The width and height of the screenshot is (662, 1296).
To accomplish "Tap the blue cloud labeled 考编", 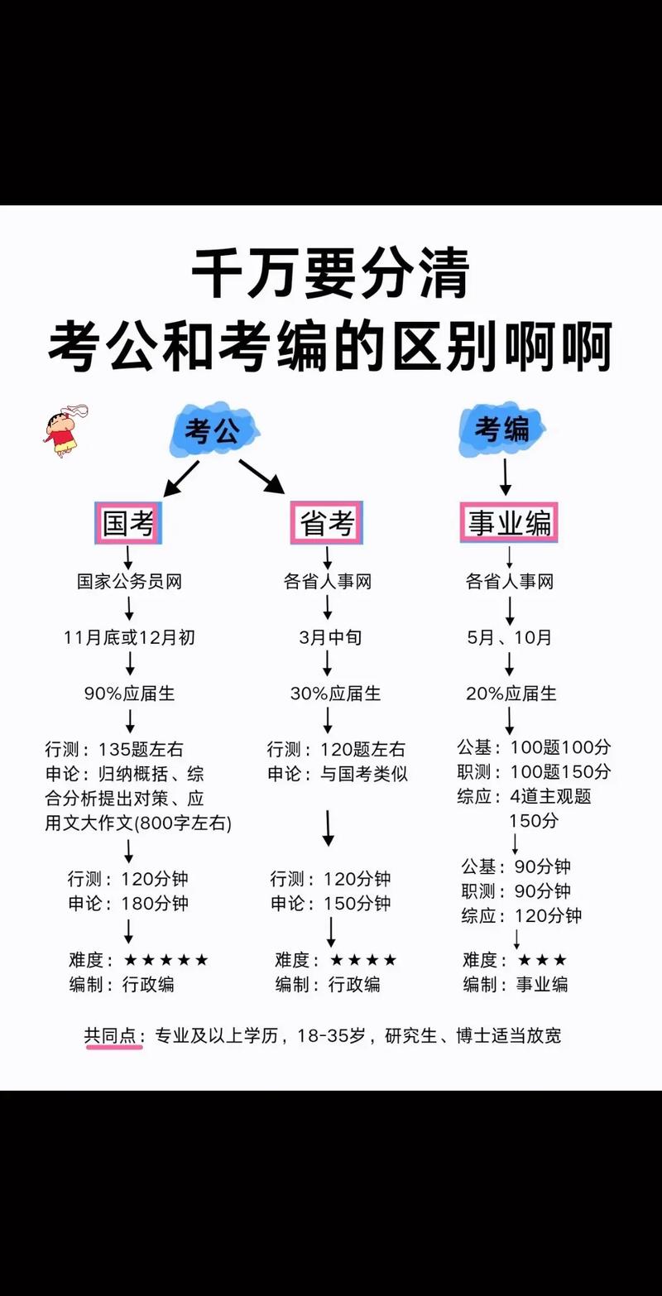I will coord(502,430).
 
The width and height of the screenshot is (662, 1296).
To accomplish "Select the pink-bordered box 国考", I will coord(128,523).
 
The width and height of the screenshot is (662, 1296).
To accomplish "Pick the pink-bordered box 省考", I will coord(327,523).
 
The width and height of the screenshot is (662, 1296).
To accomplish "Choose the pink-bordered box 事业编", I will coord(509,523).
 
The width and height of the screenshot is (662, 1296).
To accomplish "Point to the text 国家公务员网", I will coord(128,582).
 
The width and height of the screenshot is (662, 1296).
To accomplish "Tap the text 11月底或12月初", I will coord(129,637).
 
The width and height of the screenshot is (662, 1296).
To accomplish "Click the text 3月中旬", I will coord(330,637).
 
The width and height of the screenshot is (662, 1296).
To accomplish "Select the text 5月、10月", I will coord(509,637).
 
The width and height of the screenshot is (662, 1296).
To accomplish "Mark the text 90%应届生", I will coord(129,694).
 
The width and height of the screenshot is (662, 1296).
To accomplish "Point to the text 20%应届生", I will coord(511,694).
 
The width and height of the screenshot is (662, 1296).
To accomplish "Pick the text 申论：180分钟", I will coord(128,903).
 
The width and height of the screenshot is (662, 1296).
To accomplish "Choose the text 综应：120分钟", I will coord(521,915).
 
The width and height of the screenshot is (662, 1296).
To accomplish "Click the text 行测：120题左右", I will coord(336,750).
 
